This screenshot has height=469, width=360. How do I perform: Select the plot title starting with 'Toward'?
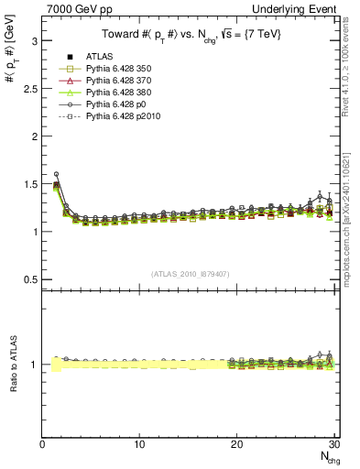pyautogui.click(x=191, y=34)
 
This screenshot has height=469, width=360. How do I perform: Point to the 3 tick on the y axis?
pyautogui.click(x=33, y=41)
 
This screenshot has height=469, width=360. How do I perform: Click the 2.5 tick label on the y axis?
pyautogui.click(x=28, y=89)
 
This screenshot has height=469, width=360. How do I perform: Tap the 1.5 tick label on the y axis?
pyautogui.click(x=28, y=183)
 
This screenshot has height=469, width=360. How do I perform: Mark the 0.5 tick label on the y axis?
pyautogui.click(x=28, y=278)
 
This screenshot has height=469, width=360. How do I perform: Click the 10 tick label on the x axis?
pyautogui.click(x=139, y=445)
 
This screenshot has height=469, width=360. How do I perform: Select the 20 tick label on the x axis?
pyautogui.click(x=236, y=445)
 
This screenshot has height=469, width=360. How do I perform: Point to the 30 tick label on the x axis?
pyautogui.click(x=333, y=445)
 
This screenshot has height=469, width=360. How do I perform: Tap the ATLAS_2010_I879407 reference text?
pyautogui.click(x=191, y=273)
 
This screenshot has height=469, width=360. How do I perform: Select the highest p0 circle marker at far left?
pyautogui.click(x=56, y=174)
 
